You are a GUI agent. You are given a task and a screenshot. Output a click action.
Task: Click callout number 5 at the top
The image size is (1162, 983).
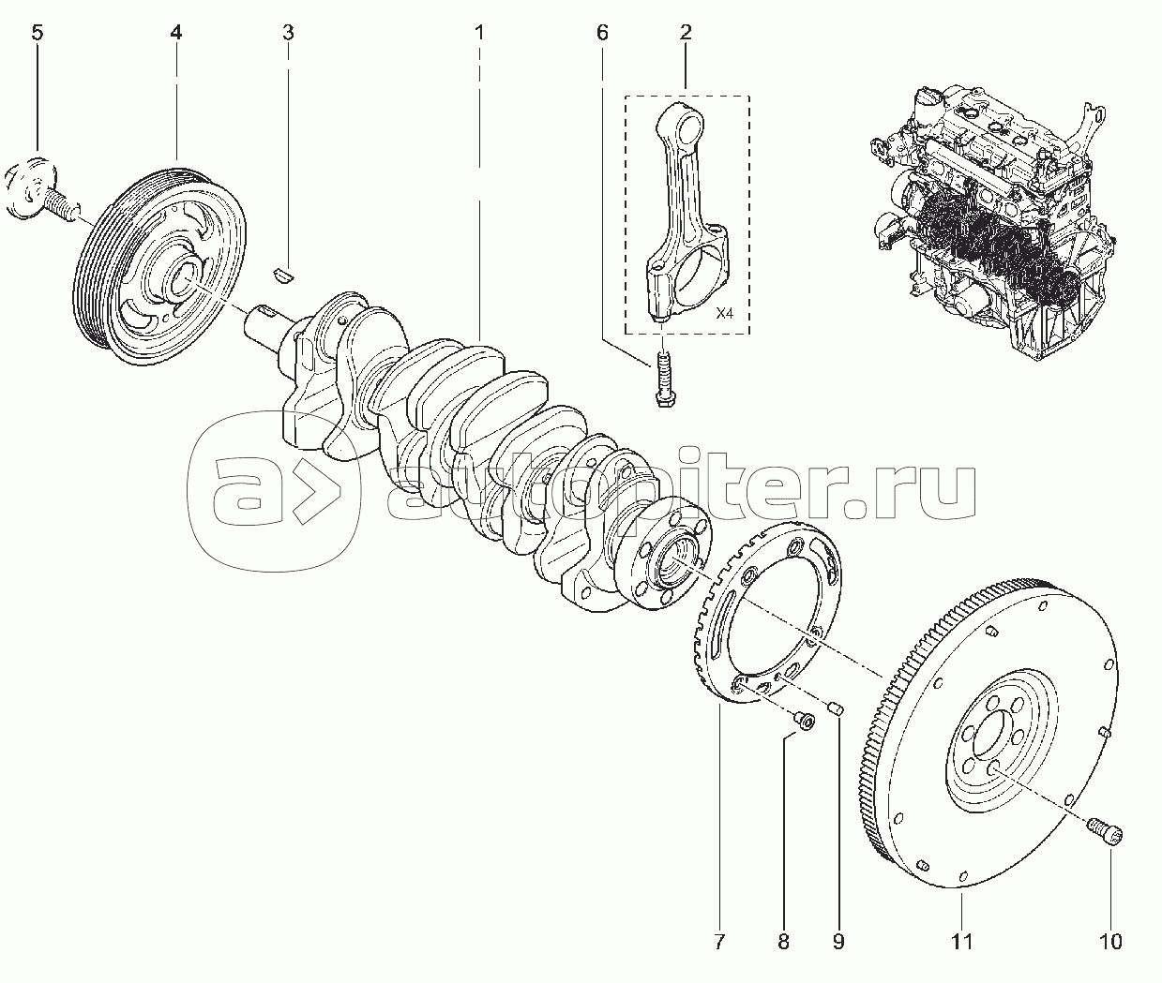[x=37, y=34]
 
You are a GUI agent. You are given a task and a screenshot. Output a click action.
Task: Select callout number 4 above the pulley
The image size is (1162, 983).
[x=176, y=34]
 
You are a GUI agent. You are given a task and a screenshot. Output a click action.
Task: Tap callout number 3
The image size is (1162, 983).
[x=288, y=34]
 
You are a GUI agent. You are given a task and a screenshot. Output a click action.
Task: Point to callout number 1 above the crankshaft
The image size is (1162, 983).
[x=479, y=34]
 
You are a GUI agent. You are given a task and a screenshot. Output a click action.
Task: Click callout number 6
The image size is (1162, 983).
[x=602, y=34]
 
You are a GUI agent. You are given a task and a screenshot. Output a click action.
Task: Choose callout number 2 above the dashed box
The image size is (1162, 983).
[x=686, y=34]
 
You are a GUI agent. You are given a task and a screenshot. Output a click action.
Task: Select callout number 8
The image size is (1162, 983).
[x=783, y=941]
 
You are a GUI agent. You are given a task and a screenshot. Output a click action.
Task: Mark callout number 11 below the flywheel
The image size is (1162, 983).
[x=961, y=941]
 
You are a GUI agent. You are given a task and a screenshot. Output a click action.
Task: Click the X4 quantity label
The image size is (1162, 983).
[x=724, y=314]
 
